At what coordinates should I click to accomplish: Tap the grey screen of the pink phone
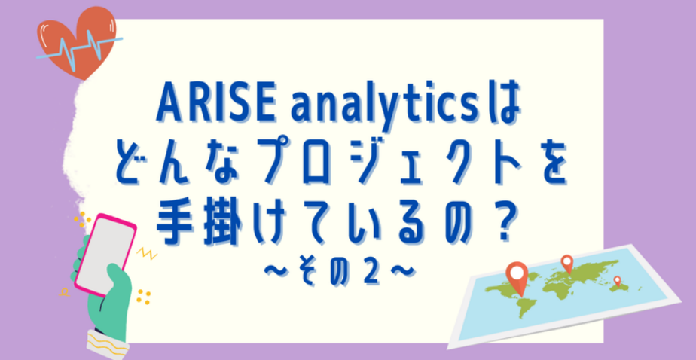tap(105, 253)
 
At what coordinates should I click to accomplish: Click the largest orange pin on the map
tap(517, 276)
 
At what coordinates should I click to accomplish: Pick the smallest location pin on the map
tap(617, 281)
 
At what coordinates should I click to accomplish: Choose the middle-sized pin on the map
tap(567, 263)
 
